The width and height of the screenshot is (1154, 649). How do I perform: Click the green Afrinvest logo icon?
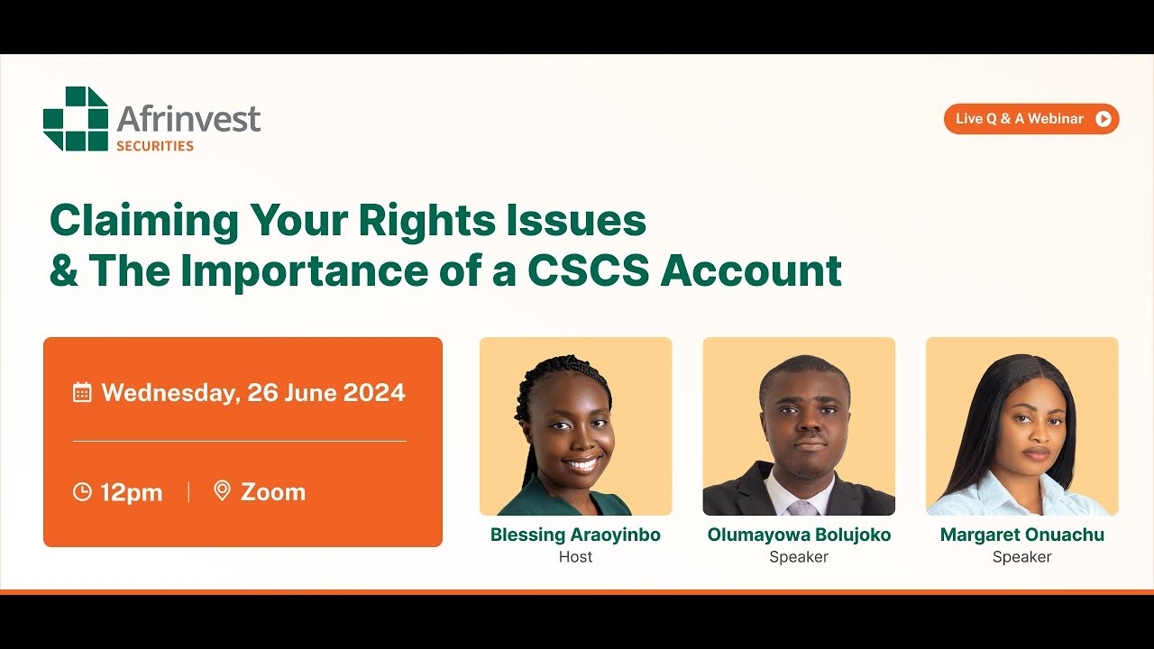76,119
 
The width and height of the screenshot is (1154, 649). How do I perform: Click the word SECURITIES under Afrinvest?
155,145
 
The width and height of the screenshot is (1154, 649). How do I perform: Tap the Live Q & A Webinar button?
1030,119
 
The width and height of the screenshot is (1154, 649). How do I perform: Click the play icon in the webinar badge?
1103,119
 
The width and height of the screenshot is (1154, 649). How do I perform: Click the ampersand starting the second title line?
63,270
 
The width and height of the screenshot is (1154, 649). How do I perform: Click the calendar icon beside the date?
82,392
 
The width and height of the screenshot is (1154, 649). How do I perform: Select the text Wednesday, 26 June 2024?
252,392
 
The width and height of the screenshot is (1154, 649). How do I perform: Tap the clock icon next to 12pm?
82,491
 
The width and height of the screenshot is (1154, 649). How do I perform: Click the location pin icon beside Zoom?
222,490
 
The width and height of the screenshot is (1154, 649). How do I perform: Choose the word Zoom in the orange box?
272,491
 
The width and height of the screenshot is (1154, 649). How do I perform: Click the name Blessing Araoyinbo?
575,535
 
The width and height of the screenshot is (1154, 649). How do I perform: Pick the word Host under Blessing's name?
575,557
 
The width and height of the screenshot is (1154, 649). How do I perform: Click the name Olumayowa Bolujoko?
799,535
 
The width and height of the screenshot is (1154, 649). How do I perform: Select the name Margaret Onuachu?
1021,535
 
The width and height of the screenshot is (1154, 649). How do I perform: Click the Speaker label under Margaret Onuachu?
1021,557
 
